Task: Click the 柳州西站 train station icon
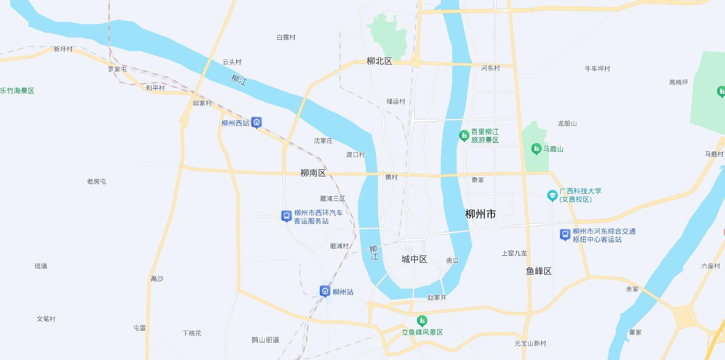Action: pos(256,123)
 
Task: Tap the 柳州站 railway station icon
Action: pos(325,292)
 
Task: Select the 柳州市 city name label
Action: pos(481,214)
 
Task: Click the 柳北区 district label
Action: pos(379,61)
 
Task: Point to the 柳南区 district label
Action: pos(313,173)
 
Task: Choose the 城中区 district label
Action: pos(414,259)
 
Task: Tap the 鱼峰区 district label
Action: pos(539,271)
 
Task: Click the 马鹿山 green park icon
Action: pos(536,149)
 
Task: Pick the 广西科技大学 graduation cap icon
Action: pos(553,195)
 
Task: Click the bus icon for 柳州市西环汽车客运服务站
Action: pos(287,216)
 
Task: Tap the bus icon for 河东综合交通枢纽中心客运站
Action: pos(565,235)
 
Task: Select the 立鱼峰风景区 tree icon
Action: pos(422,321)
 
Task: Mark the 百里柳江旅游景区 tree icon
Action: pos(464,136)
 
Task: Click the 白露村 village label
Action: pos(286,37)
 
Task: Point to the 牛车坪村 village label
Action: pos(597,68)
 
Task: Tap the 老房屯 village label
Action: pos(96,181)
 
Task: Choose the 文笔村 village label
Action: pos(46,319)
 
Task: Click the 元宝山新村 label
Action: pos(530,343)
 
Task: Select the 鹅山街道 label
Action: pos(265,340)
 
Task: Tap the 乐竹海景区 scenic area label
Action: pos(17,91)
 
